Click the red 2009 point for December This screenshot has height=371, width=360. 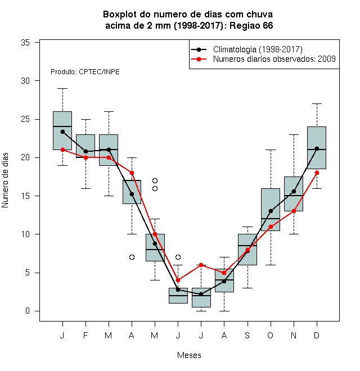(317, 173)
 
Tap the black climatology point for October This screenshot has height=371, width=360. (271, 211)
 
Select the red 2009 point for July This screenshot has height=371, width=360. (201, 265)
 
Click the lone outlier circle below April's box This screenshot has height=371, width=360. (132, 257)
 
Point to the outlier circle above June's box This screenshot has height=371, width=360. (178, 257)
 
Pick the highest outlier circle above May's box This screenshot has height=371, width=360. (155, 181)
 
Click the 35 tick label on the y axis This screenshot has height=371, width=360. (25, 43)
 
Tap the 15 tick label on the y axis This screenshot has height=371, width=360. (25, 196)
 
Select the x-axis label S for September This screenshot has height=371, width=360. (247, 335)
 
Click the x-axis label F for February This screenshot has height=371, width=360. (85, 335)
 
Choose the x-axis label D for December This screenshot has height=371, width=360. (317, 335)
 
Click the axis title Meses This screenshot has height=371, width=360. (189, 355)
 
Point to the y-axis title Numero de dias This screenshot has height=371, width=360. (5, 180)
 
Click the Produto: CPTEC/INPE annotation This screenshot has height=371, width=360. (85, 72)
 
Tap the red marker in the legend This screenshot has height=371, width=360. (199, 59)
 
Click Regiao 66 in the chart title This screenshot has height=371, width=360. (251, 25)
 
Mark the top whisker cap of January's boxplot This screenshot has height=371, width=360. (62, 88)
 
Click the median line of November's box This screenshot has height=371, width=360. (294, 196)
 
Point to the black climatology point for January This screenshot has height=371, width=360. (62, 132)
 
